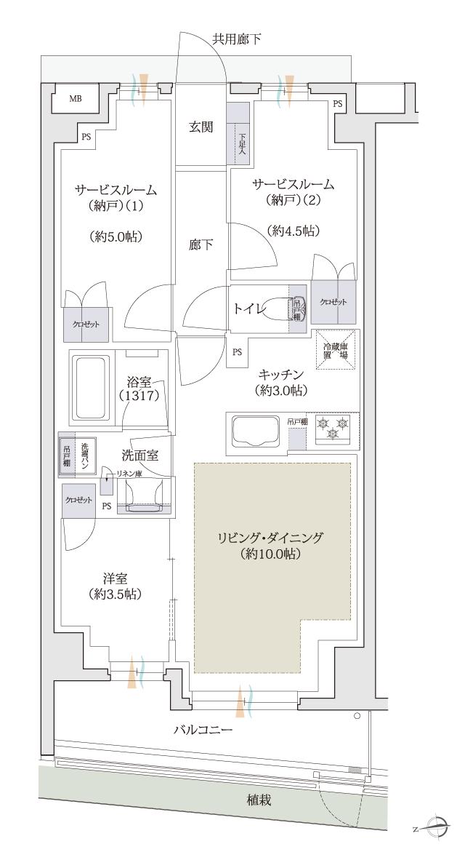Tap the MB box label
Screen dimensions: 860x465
click(75, 100)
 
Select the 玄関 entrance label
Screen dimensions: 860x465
click(201, 127)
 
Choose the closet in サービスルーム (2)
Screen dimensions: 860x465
click(334, 301)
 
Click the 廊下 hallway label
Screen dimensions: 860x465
click(201, 245)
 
